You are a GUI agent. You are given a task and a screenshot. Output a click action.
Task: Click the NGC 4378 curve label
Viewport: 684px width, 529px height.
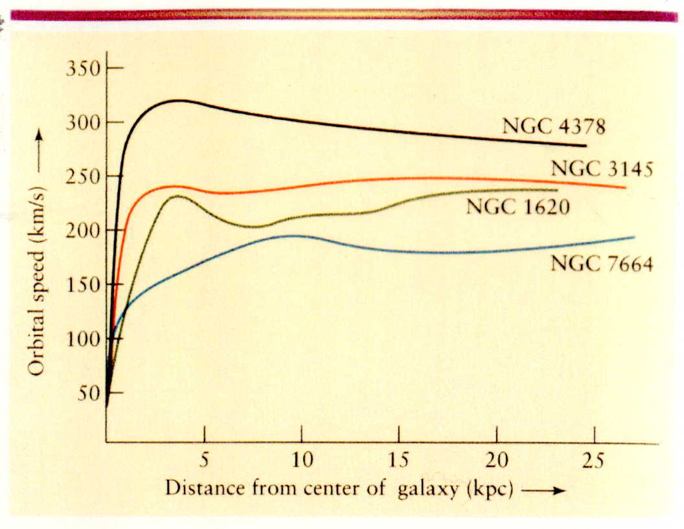[x=553, y=126]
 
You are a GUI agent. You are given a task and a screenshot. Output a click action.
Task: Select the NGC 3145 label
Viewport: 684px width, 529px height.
[x=602, y=169]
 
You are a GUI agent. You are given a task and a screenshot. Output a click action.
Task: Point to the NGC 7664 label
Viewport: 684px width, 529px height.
[x=601, y=264]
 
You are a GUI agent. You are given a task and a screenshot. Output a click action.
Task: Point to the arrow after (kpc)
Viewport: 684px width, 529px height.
[x=543, y=490]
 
